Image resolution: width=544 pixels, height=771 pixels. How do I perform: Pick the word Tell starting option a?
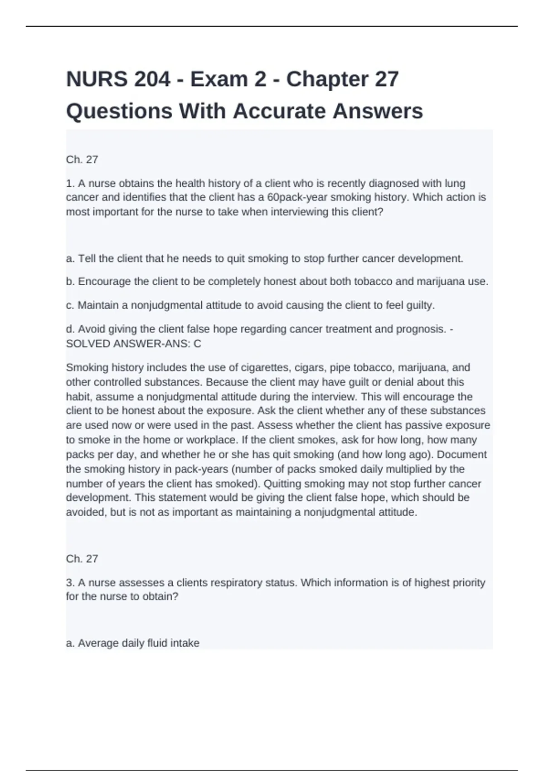(87, 259)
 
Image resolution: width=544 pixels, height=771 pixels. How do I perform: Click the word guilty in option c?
(420, 305)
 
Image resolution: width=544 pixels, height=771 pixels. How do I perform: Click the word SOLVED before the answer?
(88, 344)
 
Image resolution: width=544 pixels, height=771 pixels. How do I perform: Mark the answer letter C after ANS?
(197, 344)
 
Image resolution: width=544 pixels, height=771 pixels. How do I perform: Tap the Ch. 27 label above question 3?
(82, 559)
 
